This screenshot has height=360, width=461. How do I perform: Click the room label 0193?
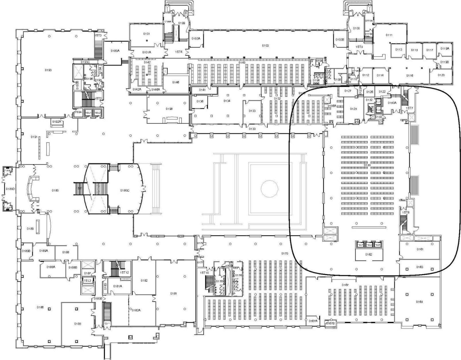click(x=48, y=70)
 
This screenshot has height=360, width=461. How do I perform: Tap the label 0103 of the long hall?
click(x=265, y=46)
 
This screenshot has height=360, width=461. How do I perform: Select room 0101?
click(x=146, y=34)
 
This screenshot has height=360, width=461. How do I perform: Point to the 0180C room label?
click(x=125, y=190)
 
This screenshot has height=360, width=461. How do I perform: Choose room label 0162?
click(x=369, y=255)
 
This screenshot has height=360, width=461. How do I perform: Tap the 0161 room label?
click(x=420, y=249)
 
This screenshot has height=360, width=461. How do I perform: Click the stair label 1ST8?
click(x=406, y=212)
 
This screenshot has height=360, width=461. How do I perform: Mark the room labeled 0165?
click(x=419, y=302)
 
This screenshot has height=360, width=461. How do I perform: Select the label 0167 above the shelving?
click(x=345, y=285)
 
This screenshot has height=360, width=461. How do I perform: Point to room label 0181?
click(x=173, y=294)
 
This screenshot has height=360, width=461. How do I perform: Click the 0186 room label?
click(x=40, y=307)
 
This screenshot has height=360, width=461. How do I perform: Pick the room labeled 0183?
click(x=78, y=324)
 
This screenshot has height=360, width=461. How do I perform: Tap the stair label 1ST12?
click(x=124, y=272)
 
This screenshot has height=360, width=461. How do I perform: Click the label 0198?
click(x=169, y=109)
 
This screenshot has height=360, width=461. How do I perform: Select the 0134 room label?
click(x=227, y=101)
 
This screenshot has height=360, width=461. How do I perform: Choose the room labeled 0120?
click(x=441, y=75)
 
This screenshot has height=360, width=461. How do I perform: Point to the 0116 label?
click(x=410, y=76)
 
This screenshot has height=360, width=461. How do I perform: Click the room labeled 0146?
click(x=176, y=82)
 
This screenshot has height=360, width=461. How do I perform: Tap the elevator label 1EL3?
click(x=87, y=280)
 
